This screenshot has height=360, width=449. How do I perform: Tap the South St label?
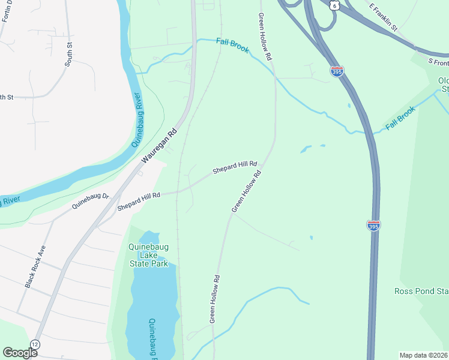click(x=68, y=54)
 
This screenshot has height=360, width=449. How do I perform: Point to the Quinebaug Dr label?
click(x=90, y=200)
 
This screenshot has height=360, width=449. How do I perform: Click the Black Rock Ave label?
click(x=35, y=266)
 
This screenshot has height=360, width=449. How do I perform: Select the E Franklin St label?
click(x=385, y=17)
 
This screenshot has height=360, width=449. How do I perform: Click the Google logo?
click(x=20, y=352)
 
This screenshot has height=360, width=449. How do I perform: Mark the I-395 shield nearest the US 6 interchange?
click(x=337, y=71)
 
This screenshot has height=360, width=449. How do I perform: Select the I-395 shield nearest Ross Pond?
click(x=373, y=226)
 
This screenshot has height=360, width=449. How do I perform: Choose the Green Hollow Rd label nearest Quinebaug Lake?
click(x=216, y=299)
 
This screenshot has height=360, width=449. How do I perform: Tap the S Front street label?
click(x=438, y=62)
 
